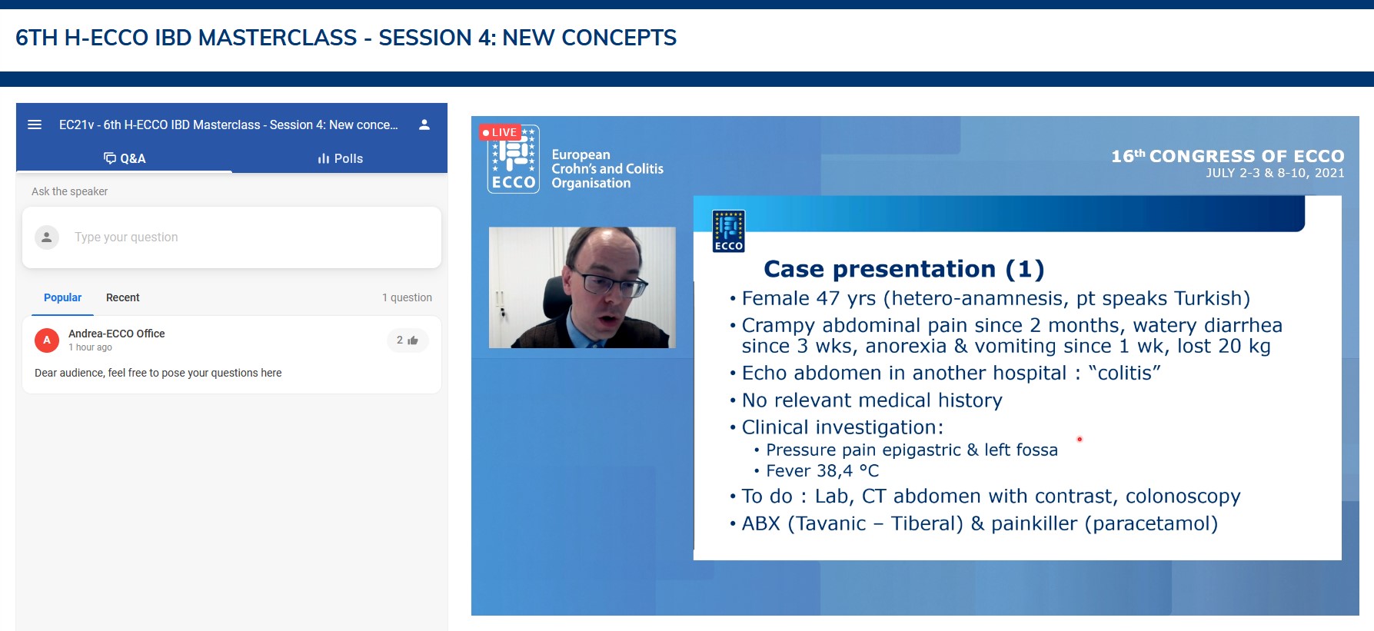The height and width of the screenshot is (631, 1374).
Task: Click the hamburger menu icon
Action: (x=35, y=125)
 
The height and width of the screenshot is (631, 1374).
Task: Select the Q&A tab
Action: (x=125, y=158)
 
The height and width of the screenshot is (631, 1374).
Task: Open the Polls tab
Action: (x=340, y=158)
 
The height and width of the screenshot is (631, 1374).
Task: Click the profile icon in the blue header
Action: (x=424, y=125)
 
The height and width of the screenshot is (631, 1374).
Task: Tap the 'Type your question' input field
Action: (x=231, y=237)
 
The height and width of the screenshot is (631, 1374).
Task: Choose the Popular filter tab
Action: (x=62, y=297)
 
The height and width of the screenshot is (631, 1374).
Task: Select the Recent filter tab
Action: (x=123, y=297)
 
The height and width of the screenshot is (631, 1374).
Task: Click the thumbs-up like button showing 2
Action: (x=408, y=340)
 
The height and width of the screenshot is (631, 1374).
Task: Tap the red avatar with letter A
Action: (x=47, y=340)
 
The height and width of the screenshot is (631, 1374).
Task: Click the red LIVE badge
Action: (x=500, y=132)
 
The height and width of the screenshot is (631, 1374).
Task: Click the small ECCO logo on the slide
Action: (x=728, y=231)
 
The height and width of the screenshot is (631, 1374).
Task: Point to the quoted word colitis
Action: (x=1125, y=373)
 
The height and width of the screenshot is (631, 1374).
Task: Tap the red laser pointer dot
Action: (x=1080, y=440)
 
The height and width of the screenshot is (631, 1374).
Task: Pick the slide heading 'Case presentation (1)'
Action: (x=904, y=269)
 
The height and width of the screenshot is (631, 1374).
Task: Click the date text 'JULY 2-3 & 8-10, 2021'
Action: (x=1275, y=173)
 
